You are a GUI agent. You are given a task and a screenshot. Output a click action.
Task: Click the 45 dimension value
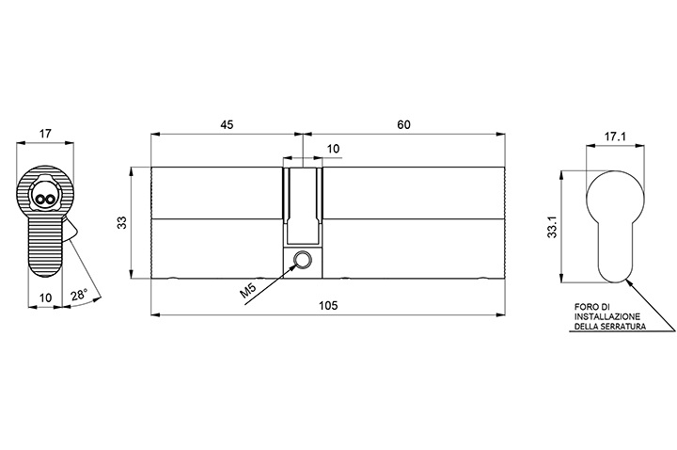click(x=227, y=124)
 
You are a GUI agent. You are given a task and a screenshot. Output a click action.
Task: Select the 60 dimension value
click(x=403, y=124)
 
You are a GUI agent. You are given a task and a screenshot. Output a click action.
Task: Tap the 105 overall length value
click(x=328, y=306)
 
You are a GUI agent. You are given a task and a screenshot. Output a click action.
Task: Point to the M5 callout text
click(x=248, y=291)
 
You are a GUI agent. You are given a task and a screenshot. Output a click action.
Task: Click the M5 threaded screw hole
click(x=302, y=260)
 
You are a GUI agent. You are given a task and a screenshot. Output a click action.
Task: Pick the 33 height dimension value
click(x=122, y=222)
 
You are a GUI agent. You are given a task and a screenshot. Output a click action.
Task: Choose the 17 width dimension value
click(x=45, y=133)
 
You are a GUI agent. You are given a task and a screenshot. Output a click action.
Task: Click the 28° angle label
click(x=80, y=296)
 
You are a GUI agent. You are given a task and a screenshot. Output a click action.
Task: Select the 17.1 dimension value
click(x=615, y=137)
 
